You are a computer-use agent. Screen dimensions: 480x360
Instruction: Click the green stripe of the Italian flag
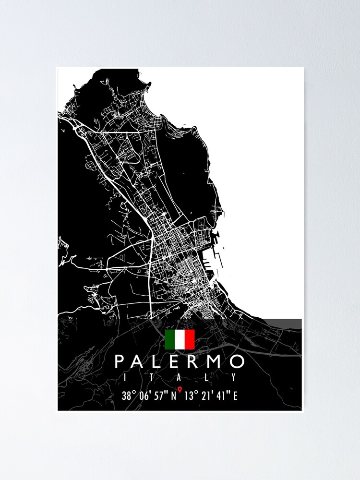(x=169, y=339)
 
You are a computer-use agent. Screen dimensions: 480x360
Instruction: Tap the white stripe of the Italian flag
(x=180, y=339)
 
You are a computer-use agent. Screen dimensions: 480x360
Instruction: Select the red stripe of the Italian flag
(x=190, y=339)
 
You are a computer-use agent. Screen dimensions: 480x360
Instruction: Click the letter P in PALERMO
(x=120, y=361)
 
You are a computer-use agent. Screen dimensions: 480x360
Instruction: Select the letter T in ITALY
(x=152, y=378)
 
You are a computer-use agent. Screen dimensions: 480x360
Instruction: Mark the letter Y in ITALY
(x=234, y=378)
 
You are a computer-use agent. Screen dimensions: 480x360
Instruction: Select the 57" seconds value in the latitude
(x=159, y=396)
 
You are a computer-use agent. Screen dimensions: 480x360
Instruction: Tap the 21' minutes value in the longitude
(x=206, y=396)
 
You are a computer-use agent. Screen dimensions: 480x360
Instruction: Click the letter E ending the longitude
(x=235, y=396)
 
